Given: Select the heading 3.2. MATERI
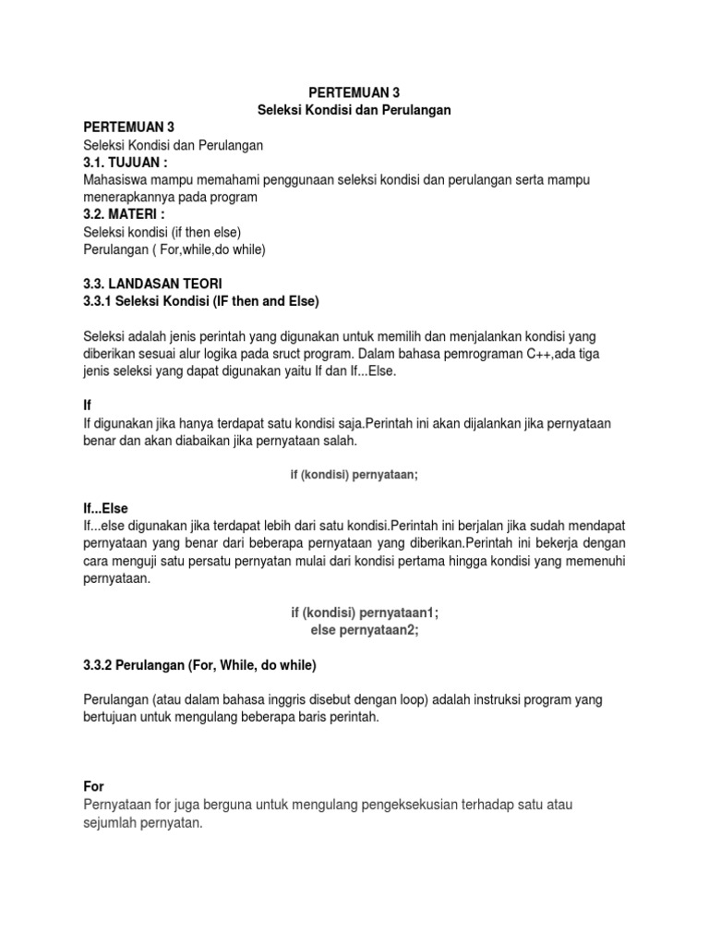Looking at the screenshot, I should coord(126,214).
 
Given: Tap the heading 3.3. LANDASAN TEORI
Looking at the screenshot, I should coord(152,284).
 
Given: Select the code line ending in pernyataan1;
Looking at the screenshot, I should coord(354,612).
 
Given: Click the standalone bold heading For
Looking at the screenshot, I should coord(93,786).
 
